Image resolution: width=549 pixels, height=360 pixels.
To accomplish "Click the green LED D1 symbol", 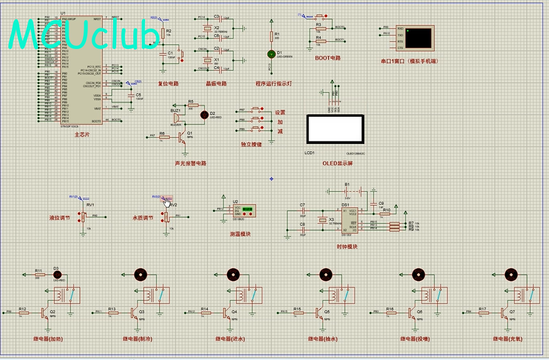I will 271,54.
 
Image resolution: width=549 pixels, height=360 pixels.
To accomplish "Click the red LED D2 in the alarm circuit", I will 203,115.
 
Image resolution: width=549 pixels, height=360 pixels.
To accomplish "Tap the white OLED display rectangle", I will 334,129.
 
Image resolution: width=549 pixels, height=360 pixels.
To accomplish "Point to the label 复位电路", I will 168,83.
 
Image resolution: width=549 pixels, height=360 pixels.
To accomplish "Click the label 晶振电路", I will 216,83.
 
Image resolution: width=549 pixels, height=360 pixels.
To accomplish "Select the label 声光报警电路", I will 190,163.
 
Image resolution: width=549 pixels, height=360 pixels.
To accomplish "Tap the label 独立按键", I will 251,144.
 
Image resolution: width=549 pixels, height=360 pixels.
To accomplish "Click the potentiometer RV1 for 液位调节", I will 82,217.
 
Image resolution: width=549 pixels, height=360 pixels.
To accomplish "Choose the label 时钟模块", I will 347,246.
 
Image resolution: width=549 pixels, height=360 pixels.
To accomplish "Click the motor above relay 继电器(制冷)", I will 140,274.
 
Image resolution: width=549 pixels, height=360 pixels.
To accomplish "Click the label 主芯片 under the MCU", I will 82,134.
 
